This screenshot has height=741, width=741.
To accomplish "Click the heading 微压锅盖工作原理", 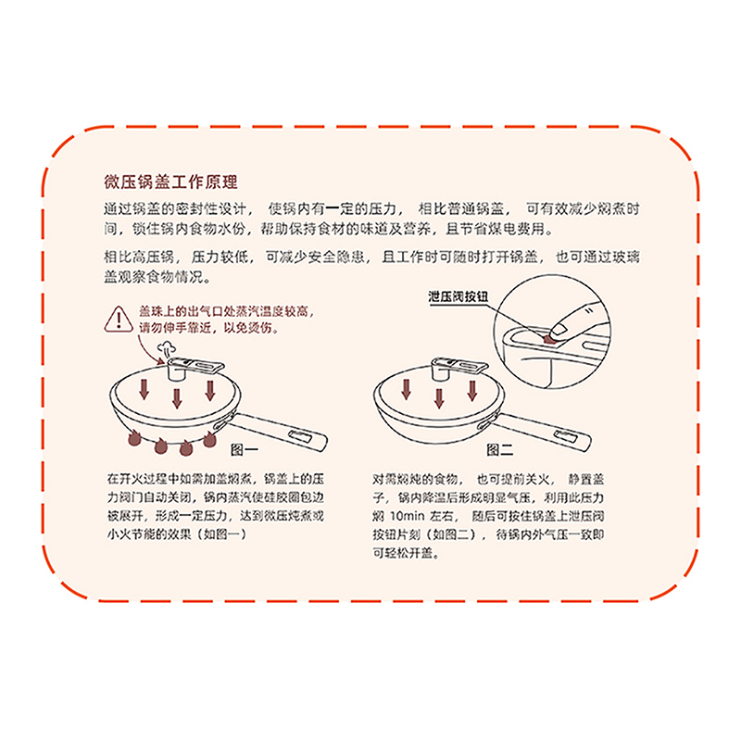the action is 170,182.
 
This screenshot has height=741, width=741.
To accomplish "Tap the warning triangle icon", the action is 119,320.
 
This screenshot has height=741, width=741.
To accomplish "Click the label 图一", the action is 244,449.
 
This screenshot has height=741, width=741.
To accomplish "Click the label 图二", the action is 500,449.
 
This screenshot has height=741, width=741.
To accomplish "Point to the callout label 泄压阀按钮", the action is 458,296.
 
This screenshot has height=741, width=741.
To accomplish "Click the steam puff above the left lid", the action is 167,350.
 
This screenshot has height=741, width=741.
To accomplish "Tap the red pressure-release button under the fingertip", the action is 548,339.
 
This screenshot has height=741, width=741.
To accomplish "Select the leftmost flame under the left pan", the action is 134,438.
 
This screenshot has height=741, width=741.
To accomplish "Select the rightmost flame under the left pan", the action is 209,439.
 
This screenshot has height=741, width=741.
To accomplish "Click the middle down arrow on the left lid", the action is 177,398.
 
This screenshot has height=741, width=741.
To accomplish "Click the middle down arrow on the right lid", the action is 439,398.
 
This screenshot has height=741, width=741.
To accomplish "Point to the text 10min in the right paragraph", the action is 408,516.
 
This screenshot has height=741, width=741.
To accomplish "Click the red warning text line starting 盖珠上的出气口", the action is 226,311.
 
